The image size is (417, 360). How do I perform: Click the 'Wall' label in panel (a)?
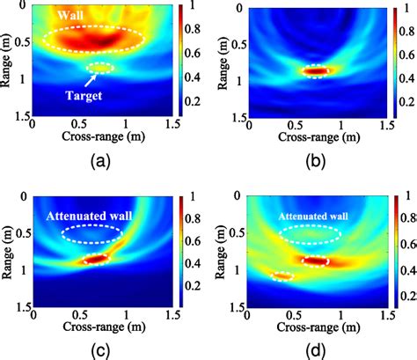(70, 15)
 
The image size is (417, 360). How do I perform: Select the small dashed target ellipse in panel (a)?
(99, 68)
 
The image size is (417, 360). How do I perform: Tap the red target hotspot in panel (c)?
(96, 259)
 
